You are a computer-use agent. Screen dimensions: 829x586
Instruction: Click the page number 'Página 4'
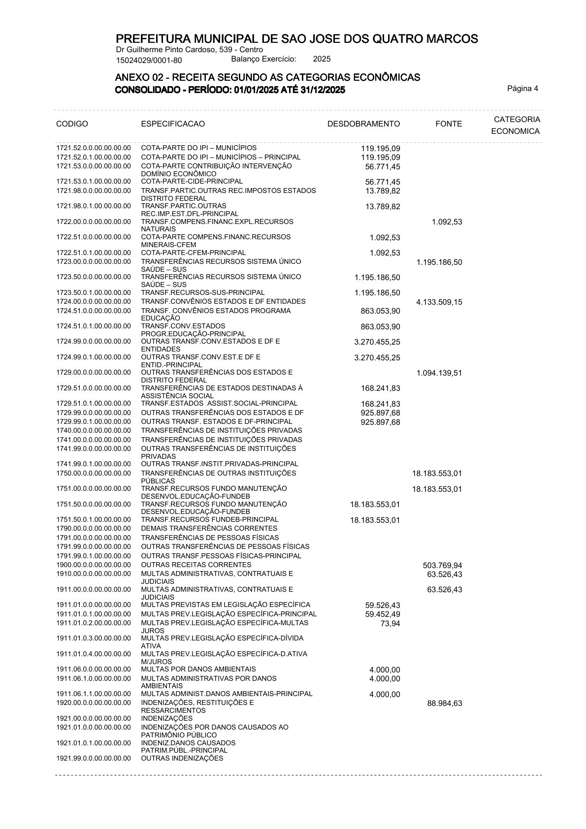(x=522, y=89)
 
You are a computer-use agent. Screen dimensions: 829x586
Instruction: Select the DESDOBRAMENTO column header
(x=363, y=124)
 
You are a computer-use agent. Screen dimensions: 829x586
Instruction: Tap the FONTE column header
(x=449, y=124)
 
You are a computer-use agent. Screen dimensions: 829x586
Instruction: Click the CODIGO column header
(x=72, y=124)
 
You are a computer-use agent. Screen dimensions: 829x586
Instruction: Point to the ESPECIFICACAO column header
(x=173, y=124)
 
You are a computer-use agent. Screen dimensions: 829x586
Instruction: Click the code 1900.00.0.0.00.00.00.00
(x=94, y=565)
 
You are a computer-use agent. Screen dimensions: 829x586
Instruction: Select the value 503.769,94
(x=442, y=566)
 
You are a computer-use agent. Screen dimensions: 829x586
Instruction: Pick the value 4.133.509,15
(x=439, y=302)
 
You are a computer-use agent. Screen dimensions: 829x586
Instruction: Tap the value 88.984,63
(x=444, y=703)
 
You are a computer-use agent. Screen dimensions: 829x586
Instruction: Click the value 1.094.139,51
(x=439, y=373)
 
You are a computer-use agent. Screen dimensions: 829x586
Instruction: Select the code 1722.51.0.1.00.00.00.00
(x=94, y=253)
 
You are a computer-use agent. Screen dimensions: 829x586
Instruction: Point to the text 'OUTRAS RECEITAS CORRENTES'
(x=196, y=565)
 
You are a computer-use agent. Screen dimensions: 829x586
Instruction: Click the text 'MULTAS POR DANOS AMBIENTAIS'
(x=198, y=669)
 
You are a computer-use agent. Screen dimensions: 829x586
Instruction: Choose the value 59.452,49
(x=382, y=614)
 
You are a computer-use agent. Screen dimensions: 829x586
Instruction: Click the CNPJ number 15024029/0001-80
(x=149, y=61)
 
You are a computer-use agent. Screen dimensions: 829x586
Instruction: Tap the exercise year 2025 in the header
(x=322, y=59)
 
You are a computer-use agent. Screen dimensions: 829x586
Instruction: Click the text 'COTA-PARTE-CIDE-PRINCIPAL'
(x=192, y=181)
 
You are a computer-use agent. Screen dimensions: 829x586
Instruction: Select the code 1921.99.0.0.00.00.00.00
(x=94, y=758)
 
